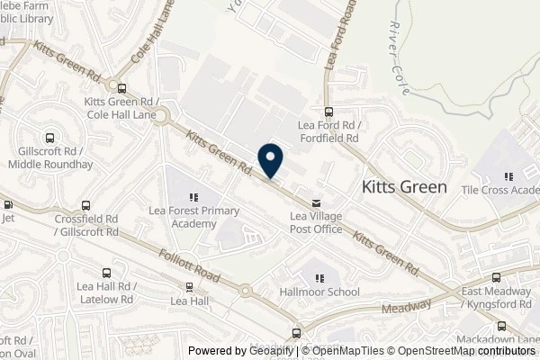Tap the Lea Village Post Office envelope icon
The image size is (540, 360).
pyautogui.click(x=315, y=202)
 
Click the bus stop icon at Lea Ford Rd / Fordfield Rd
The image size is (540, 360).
pyautogui.click(x=328, y=112)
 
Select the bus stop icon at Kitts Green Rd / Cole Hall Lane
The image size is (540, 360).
pyautogui.click(x=122, y=87)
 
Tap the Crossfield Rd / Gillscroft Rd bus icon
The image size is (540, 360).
pyautogui.click(x=85, y=205)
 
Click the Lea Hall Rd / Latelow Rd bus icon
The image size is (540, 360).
pyautogui.click(x=106, y=272)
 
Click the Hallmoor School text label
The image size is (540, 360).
pyautogui.click(x=319, y=292)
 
